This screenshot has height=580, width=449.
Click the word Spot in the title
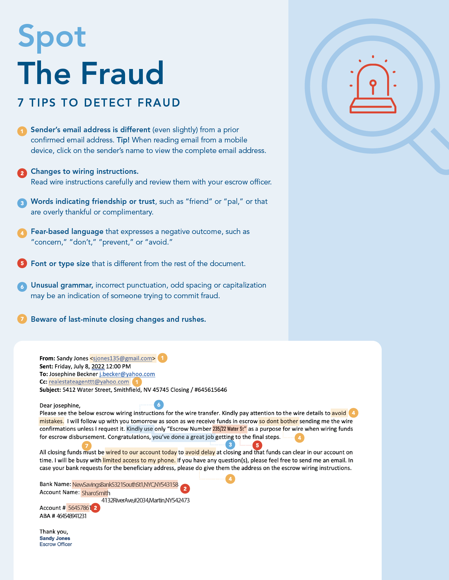pos(52,36)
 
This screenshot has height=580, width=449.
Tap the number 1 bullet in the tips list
pos(22,131)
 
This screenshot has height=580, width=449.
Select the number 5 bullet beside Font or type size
pos(22,263)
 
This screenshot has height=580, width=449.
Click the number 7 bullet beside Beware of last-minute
pos(22,319)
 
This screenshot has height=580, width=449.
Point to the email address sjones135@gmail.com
pos(122,358)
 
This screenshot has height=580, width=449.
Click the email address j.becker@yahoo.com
pos(127,374)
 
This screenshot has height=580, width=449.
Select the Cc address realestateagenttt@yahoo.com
pos(89,382)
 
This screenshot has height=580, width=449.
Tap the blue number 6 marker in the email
pos(159,405)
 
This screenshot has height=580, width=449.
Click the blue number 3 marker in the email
pos(230,444)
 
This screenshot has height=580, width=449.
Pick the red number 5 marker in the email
pos(257,445)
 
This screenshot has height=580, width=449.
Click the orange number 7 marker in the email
pos(87,446)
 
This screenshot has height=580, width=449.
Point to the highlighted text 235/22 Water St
pos(229,429)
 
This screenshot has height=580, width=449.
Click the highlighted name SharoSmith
pos(96,493)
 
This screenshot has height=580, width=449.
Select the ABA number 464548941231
pos(71,516)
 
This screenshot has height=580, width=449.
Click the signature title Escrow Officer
pos(56,544)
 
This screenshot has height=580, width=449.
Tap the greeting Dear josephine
pos(60,405)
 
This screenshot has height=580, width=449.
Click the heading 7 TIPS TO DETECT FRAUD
pos(99,102)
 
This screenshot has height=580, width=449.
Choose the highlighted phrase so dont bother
pos(278,421)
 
